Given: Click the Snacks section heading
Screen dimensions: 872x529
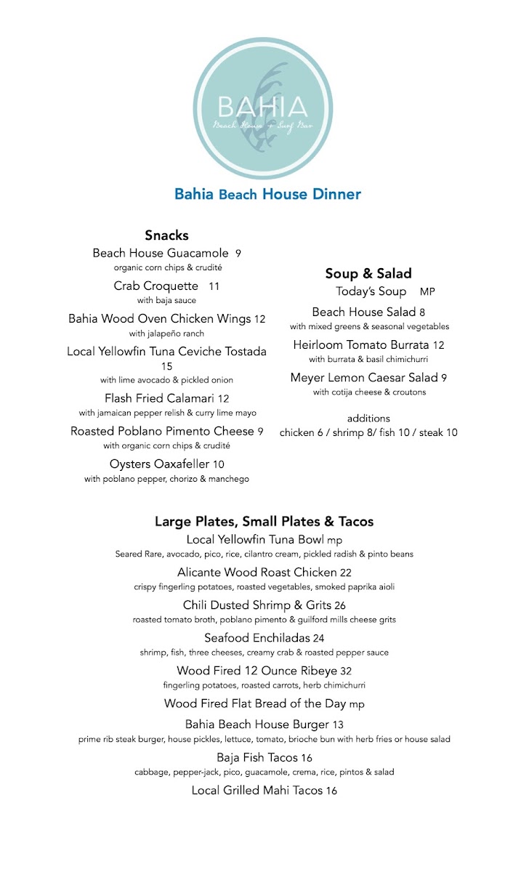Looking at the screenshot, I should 166,235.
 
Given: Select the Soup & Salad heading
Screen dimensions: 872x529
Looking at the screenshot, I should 368,274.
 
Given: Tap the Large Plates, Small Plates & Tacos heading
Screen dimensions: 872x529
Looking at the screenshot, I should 264,522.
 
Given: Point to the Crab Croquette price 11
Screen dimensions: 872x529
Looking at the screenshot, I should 214,286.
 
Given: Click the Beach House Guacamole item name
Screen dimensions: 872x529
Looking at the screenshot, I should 161,254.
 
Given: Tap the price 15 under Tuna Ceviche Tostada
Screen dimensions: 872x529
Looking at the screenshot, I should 166,366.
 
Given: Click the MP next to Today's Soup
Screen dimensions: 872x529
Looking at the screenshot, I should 427,292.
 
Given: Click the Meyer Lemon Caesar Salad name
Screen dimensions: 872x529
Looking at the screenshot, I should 364,378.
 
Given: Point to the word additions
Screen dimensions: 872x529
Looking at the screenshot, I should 368,419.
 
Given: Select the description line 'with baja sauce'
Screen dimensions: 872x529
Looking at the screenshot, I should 166,300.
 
